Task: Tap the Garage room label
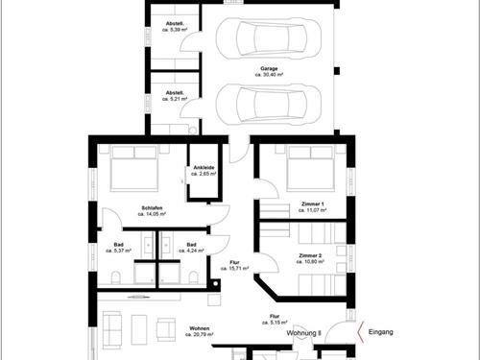(x=269, y=72)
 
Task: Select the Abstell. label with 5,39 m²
(x=175, y=26)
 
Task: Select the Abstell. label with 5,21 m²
(x=175, y=96)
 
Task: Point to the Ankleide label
(x=204, y=171)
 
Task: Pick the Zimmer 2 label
(x=309, y=258)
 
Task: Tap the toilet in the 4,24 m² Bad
(x=192, y=277)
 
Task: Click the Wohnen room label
(x=199, y=330)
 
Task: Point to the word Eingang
(x=381, y=332)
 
